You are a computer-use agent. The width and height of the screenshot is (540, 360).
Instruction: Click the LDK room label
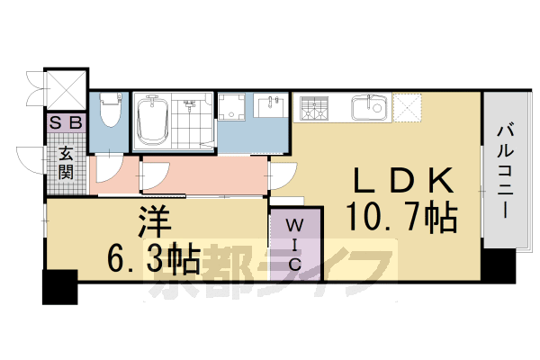[402, 181]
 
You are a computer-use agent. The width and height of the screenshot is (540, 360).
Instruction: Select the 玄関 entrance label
[67, 161]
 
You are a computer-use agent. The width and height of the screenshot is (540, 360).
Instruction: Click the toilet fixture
[110, 112]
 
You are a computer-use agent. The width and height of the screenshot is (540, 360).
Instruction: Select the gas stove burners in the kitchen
[316, 110]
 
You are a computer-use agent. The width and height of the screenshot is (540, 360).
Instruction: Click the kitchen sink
[367, 109]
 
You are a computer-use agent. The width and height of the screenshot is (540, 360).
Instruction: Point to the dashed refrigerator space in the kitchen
[406, 109]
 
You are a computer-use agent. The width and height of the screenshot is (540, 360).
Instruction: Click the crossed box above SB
[66, 88]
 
